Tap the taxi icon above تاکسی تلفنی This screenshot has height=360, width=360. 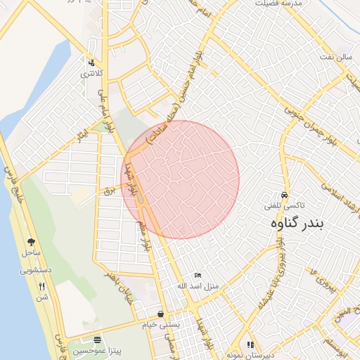click(284, 195)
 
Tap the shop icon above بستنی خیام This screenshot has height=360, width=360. click(161, 314)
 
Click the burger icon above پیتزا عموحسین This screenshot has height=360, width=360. click(98, 340)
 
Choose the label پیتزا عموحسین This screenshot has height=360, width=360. click(98, 350)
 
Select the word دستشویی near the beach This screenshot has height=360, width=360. click(35, 269)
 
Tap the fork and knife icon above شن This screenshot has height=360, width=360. click(42, 286)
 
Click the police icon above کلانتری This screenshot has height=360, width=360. click(89, 62)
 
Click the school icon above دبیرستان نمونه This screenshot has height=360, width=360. click(250, 345)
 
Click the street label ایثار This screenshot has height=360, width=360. click(83, 131)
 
